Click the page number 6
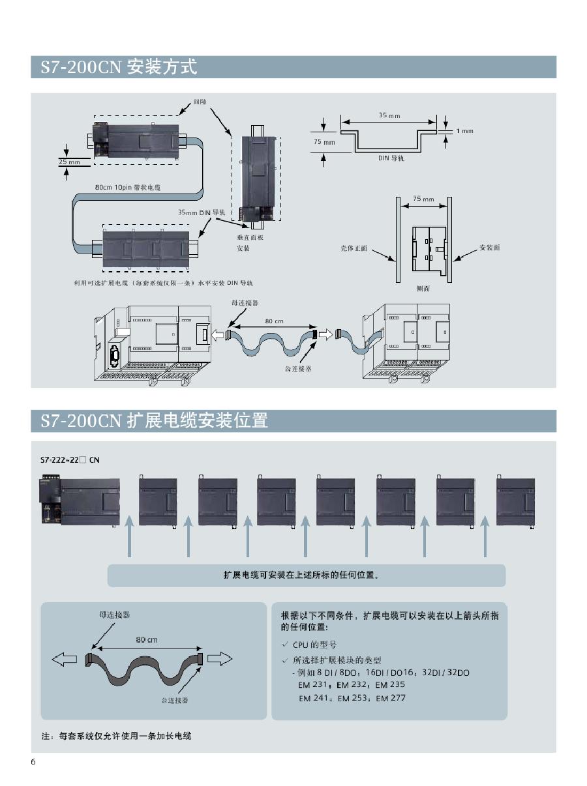click(x=33, y=763)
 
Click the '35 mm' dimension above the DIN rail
click(x=389, y=115)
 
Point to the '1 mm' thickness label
click(x=464, y=131)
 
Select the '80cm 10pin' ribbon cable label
click(x=127, y=187)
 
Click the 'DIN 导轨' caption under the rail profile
click(x=391, y=158)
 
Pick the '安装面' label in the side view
click(x=490, y=248)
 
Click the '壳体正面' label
click(x=354, y=248)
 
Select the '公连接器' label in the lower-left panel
click(x=174, y=700)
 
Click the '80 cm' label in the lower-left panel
click(x=146, y=639)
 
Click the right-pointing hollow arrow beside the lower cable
click(x=220, y=659)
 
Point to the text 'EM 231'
click(x=314, y=685)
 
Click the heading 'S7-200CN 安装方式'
click(x=119, y=67)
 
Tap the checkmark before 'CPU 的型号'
click(x=284, y=645)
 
